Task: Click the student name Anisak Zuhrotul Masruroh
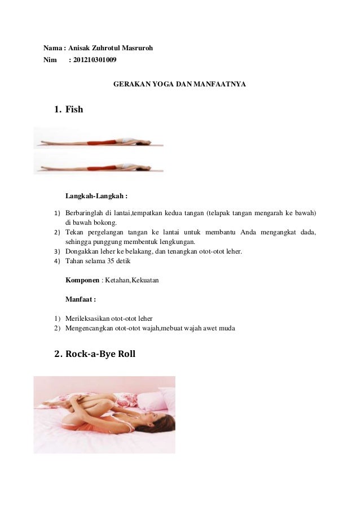(x=111, y=48)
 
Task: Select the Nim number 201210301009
(x=95, y=60)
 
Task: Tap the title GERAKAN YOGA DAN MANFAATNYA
(x=179, y=84)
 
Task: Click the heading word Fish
(x=74, y=110)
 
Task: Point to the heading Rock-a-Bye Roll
(x=100, y=354)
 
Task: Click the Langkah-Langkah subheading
(x=96, y=196)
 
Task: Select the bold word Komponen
(x=82, y=280)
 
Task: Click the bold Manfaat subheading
(x=81, y=299)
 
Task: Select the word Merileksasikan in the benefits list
(x=87, y=319)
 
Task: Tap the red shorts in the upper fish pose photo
(x=102, y=142)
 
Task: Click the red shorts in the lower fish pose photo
(x=102, y=168)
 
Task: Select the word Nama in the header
(x=52, y=48)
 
